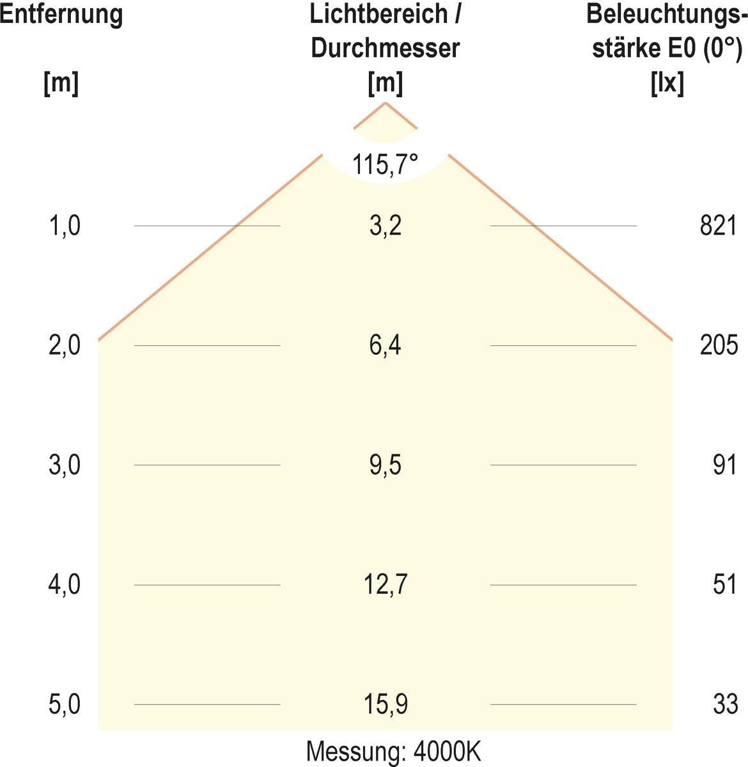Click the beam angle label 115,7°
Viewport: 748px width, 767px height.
pos(385,165)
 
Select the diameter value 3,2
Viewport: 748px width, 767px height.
pos(386,226)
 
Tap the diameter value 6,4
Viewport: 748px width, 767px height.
pos(386,346)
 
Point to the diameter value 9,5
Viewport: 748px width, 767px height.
pos(386,465)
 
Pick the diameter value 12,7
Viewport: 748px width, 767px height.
pos(386,585)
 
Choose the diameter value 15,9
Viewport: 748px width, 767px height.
pos(386,704)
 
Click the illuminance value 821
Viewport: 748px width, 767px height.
pos(719,226)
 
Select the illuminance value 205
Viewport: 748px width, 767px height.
pos(719,346)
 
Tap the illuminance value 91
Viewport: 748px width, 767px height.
pos(725,465)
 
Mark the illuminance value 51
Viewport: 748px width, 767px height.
pos(725,585)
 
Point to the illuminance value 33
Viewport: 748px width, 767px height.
pos(725,704)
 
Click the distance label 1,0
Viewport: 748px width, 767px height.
pos(65,226)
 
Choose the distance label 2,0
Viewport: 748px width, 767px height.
pos(65,346)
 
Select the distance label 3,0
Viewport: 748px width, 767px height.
pos(65,465)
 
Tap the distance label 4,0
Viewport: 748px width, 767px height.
pos(65,585)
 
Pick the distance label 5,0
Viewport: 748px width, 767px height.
pos(65,704)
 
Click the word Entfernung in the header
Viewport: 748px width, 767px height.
pos(61,14)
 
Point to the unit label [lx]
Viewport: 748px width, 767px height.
pos(667,83)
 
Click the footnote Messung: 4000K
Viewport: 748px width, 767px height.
pos(393,751)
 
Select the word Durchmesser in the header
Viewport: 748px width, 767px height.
pos(386,49)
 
